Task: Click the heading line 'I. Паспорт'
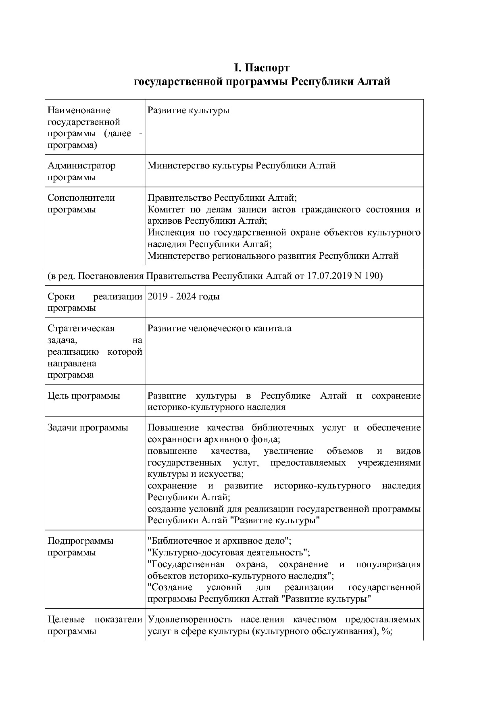[262, 67]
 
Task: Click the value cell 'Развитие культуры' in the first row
[188, 110]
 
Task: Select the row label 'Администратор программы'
[81, 171]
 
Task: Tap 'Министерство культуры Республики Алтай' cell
[242, 166]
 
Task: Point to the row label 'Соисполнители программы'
[81, 204]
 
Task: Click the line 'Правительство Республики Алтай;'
[222, 198]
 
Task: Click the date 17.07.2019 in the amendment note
[329, 276]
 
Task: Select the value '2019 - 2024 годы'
[183, 297]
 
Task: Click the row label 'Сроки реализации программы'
[95, 302]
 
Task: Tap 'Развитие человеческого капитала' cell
[219, 329]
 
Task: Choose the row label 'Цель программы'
[84, 396]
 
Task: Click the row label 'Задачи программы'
[88, 428]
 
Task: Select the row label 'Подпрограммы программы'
[81, 547]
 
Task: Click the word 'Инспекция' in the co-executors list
[169, 233]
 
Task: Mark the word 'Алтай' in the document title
[373, 82]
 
